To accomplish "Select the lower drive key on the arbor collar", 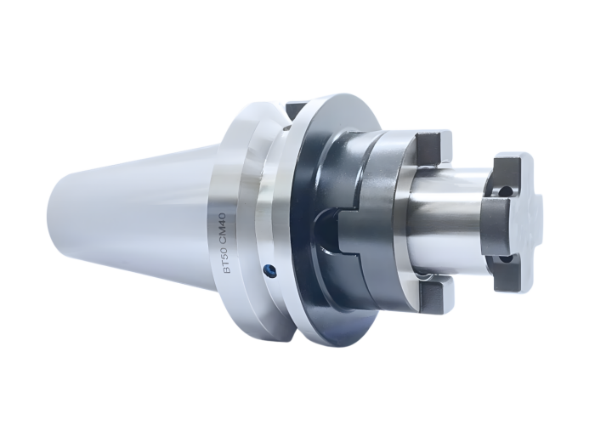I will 435,294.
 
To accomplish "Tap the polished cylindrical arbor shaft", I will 446,223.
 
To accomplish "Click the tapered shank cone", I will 136,213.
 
